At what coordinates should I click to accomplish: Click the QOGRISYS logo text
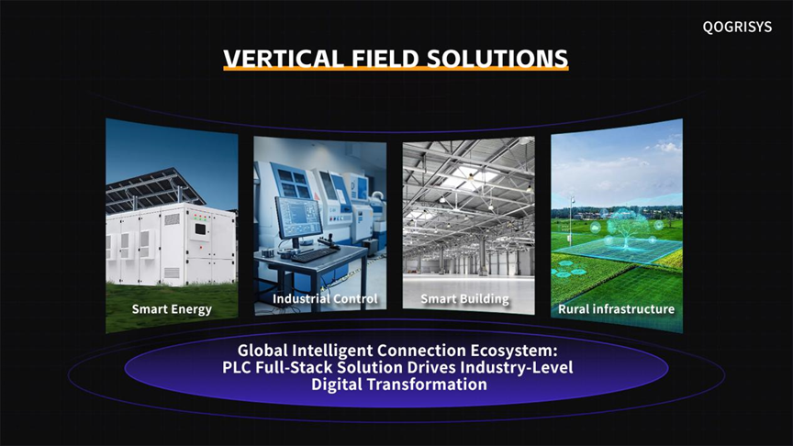(x=737, y=27)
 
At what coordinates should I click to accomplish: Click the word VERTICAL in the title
(x=284, y=58)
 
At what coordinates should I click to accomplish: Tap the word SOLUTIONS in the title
(x=497, y=58)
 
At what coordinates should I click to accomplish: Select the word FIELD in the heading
(x=385, y=58)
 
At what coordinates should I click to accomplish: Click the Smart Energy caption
(x=172, y=309)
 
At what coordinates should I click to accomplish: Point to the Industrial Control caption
(x=325, y=299)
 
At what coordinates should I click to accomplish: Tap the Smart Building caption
(x=464, y=299)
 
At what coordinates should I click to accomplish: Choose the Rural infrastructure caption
(x=616, y=309)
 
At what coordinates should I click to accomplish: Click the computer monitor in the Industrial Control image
(x=299, y=217)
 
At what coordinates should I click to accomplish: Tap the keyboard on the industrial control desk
(x=314, y=255)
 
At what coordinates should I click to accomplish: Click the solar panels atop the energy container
(x=154, y=188)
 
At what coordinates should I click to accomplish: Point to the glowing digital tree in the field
(x=628, y=229)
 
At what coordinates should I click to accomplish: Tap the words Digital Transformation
(x=399, y=385)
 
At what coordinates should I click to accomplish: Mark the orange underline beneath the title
(x=396, y=68)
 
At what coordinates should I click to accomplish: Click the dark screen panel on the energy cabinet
(x=200, y=229)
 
